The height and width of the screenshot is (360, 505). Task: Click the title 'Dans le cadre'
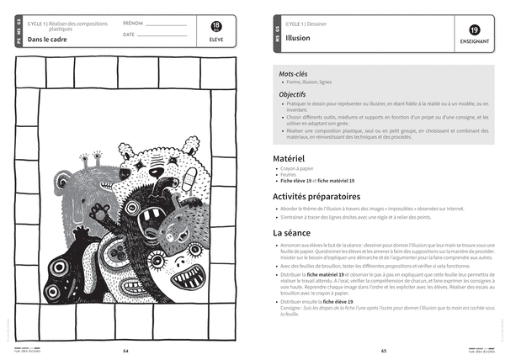pyautogui.click(x=47, y=39)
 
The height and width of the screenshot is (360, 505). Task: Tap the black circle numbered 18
pyautogui.click(x=218, y=28)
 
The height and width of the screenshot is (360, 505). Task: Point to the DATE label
pyautogui.click(x=128, y=35)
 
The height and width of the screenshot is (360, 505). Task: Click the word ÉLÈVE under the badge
pyautogui.click(x=218, y=40)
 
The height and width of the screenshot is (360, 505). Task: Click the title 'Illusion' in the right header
pyautogui.click(x=298, y=39)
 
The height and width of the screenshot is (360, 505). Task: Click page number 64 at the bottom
pyautogui.click(x=125, y=351)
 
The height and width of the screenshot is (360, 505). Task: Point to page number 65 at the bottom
pyautogui.click(x=383, y=351)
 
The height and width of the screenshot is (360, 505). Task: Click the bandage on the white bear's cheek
pyautogui.click(x=189, y=177)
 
